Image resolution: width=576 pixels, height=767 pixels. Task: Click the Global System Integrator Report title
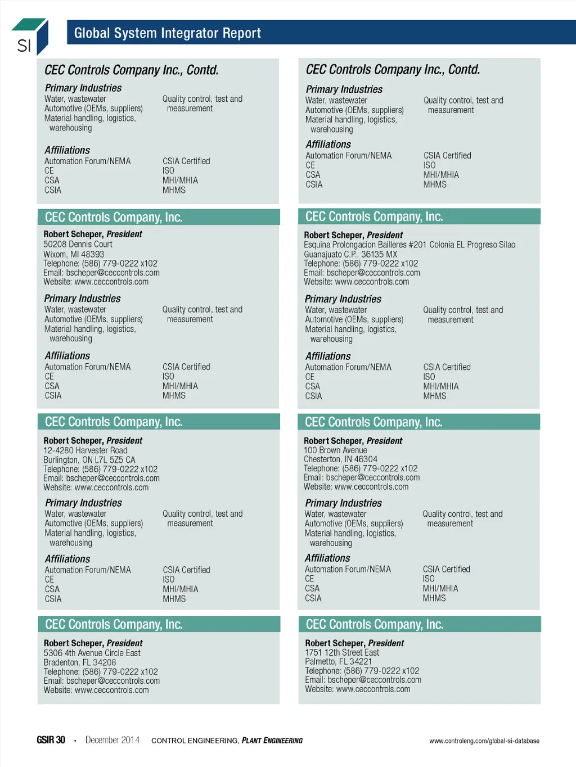point(167,33)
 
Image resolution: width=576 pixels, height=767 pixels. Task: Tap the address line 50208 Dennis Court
point(78,245)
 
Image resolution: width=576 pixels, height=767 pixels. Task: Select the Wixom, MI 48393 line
point(74,254)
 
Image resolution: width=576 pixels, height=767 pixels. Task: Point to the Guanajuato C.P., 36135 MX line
point(350,254)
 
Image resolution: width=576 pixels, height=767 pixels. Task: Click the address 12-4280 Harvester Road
point(85,450)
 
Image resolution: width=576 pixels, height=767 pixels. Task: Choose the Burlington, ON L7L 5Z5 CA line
point(89,460)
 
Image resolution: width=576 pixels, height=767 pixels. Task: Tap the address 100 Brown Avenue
point(335,450)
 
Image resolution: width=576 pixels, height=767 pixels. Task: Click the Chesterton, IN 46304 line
point(340,459)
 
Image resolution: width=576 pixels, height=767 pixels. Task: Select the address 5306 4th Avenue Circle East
point(92,653)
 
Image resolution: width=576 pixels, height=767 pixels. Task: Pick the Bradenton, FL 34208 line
point(80,662)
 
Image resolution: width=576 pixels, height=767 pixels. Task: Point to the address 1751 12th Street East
point(342,652)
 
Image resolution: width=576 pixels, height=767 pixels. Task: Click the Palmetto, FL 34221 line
point(339,662)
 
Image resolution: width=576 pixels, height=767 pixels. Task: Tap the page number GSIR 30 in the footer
point(51,740)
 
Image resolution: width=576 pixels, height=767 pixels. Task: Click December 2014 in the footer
point(112,740)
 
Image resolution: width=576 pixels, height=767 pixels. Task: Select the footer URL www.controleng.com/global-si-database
point(484,741)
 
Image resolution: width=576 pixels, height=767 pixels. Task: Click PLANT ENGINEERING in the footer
point(272,741)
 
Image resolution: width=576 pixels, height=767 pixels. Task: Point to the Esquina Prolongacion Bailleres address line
point(409,245)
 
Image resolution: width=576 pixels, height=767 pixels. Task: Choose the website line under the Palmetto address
point(358,689)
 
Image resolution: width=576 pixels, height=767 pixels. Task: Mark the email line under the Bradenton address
point(102,681)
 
